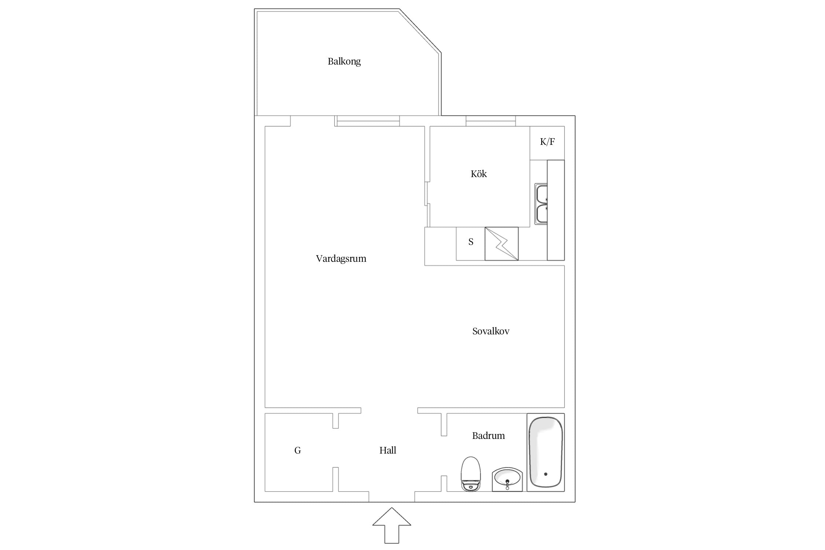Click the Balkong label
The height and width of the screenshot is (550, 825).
(x=344, y=62)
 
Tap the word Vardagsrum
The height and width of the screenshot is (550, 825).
(x=341, y=259)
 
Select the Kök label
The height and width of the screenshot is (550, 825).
(x=478, y=174)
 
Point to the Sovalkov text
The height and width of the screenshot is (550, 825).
(x=491, y=331)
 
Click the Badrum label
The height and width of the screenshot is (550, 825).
(x=488, y=436)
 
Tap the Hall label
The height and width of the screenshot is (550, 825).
(x=388, y=450)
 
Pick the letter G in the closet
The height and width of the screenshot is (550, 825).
(x=297, y=450)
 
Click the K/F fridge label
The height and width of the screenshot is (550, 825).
(x=547, y=142)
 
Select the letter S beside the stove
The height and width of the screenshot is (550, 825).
(x=471, y=242)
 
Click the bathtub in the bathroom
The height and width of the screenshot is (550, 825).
(x=546, y=452)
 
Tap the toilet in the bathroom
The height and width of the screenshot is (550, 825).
(x=470, y=474)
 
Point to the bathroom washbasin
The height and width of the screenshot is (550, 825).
(x=507, y=479)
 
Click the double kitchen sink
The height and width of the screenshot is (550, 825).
(x=541, y=204)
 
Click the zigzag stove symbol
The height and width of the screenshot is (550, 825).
(x=502, y=244)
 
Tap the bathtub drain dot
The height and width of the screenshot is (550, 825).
(x=546, y=474)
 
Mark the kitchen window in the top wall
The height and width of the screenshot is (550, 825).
(x=491, y=121)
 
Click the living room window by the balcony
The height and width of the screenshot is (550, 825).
(x=367, y=121)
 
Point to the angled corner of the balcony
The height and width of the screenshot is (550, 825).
(x=420, y=31)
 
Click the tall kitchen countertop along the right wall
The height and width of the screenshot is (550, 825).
(x=555, y=210)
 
